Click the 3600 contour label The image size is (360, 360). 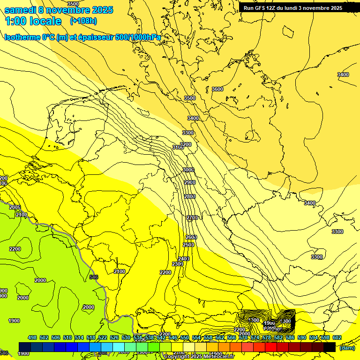pyautogui.click(x=217, y=89)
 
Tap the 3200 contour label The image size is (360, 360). pyautogui.click(x=186, y=144)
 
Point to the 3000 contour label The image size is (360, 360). pyautogui.click(x=188, y=169)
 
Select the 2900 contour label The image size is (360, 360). pyautogui.click(x=189, y=182)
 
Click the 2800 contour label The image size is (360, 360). pyautogui.click(x=190, y=196)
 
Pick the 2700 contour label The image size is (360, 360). pyautogui.click(x=192, y=218)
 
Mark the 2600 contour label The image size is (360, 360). pyautogui.click(x=191, y=237)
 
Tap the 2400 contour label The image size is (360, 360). pyautogui.click(x=184, y=259)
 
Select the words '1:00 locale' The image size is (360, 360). pyautogui.click(x=34, y=21)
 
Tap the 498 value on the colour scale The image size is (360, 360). pyautogui.click(x=32, y=337)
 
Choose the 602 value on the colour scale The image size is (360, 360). pyautogui.click(x=337, y=337)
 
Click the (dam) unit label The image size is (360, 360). pyautogui.click(x=347, y=347)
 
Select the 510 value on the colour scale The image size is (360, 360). pyautogui.click(x=67, y=337)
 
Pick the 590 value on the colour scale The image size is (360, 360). pyautogui.click(x=302, y=337)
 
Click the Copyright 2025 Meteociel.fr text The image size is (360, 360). pyautogui.click(x=199, y=356)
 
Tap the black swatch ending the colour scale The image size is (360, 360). pyautogui.click(x=330, y=347)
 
